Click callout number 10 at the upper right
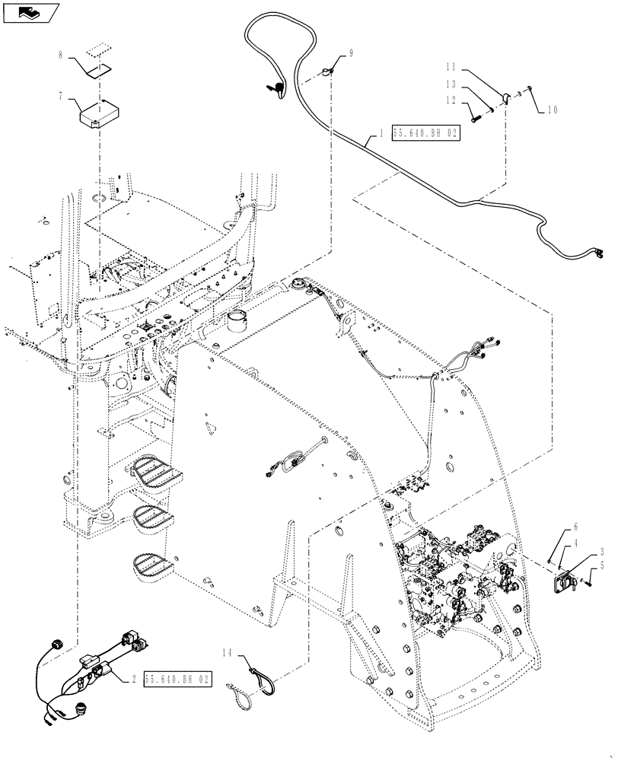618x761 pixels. pyautogui.click(x=552, y=109)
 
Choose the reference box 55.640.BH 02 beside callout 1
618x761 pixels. pyautogui.click(x=426, y=132)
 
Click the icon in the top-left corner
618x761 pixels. pyautogui.click(x=30, y=12)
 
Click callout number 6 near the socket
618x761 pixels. pyautogui.click(x=575, y=527)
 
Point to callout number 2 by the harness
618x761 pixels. pyautogui.click(x=135, y=677)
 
